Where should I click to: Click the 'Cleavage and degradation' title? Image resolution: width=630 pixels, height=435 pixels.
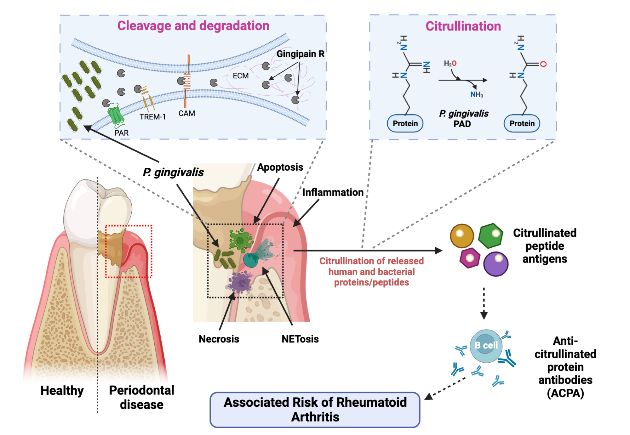click(193, 26)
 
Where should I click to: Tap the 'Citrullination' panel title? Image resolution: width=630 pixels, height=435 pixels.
click(463, 26)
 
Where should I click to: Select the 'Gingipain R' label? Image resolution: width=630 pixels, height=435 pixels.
click(300, 54)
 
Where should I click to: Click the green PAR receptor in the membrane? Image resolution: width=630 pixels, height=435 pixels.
click(115, 115)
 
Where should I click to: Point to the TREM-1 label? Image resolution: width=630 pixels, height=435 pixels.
click(152, 117)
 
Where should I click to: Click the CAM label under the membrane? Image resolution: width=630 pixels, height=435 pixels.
click(186, 113)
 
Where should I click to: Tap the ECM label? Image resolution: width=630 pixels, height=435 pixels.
click(240, 76)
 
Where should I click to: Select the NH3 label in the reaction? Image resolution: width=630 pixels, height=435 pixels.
click(476, 94)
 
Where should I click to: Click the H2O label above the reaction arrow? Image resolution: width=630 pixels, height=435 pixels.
click(450, 63)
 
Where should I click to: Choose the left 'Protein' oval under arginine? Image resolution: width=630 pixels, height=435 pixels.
click(405, 123)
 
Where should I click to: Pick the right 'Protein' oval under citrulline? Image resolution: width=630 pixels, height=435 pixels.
click(522, 123)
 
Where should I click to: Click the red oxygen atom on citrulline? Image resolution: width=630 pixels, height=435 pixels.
click(543, 64)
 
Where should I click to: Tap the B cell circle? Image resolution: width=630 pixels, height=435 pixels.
click(486, 346)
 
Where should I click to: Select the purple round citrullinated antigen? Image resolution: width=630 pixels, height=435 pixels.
click(495, 264)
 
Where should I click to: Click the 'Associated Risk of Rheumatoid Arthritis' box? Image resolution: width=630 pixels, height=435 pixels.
click(315, 410)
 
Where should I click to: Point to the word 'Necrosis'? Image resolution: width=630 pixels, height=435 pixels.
click(219, 339)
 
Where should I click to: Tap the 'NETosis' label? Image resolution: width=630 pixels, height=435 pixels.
click(300, 339)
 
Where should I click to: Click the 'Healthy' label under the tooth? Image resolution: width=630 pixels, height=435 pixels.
click(62, 390)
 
